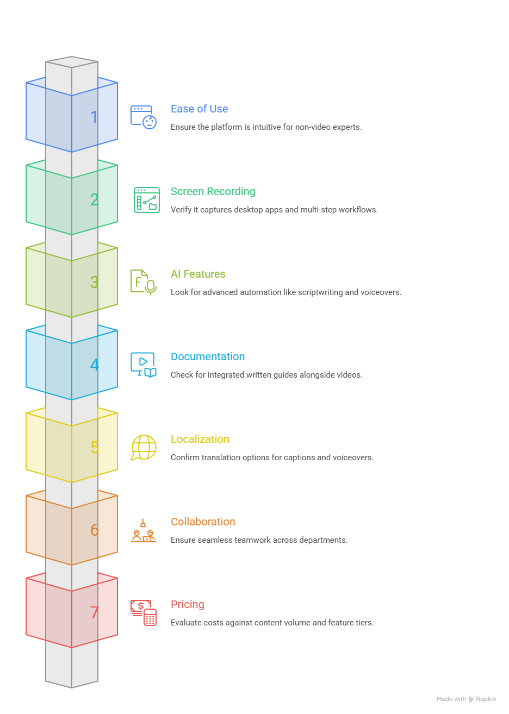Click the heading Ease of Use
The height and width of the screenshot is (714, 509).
199,109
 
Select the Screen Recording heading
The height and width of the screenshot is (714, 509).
213,192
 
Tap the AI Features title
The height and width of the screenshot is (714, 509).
198,274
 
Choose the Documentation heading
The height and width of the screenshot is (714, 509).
208,356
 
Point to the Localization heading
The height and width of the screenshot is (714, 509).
200,439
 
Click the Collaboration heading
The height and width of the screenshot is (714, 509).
203,522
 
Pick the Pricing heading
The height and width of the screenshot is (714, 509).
187,605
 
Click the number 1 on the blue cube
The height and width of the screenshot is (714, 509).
94,117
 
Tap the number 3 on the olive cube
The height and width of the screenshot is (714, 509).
94,282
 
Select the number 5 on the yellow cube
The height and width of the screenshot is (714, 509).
95,447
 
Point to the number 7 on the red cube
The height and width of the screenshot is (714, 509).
94,612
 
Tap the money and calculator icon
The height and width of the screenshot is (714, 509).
144,613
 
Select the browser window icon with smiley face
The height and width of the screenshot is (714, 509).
143,117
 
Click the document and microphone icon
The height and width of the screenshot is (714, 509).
143,283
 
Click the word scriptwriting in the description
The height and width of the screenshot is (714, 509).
320,292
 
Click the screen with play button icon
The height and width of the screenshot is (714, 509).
143,365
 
